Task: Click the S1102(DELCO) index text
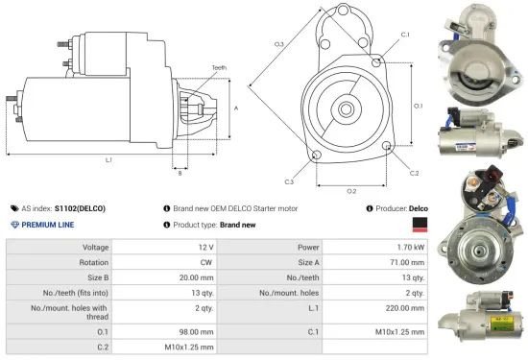80,207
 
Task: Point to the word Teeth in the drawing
218,67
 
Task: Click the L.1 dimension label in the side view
108,159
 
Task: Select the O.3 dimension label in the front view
279,44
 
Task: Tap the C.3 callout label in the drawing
289,180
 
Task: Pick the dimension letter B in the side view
180,173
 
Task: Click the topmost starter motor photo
476,48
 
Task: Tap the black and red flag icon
418,225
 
